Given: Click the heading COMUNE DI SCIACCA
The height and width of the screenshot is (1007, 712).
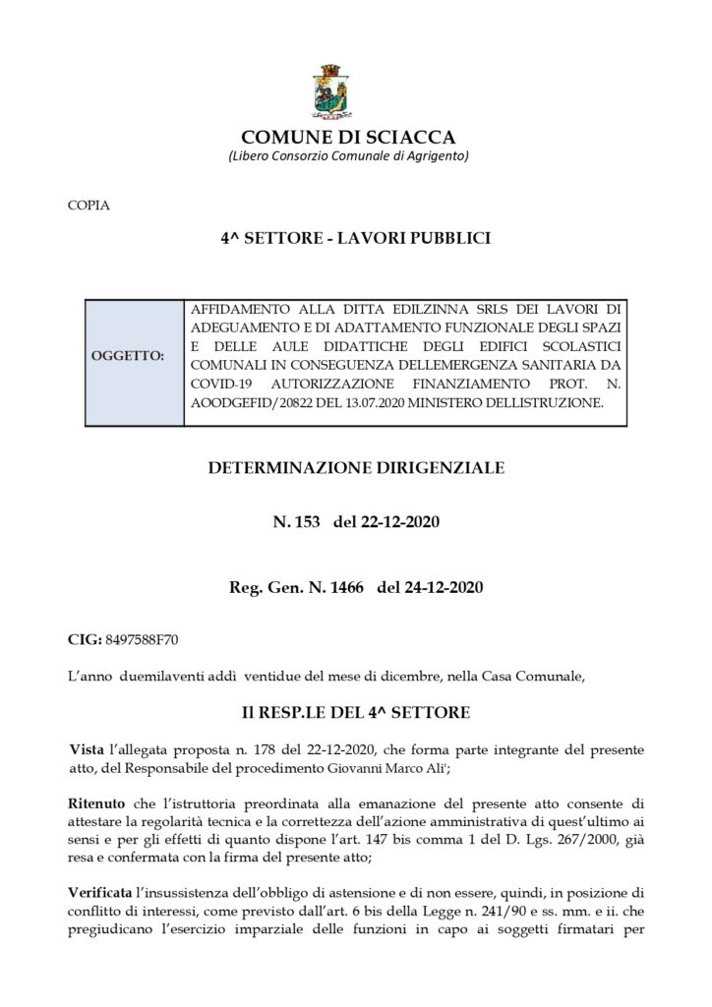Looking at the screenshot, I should pyautogui.click(x=348, y=137).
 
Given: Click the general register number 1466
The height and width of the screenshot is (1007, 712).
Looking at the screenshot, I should pyautogui.click(x=341, y=589).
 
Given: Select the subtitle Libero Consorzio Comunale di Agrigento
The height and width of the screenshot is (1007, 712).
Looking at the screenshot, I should pyautogui.click(x=348, y=157).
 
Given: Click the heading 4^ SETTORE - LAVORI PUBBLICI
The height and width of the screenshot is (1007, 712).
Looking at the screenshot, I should pyautogui.click(x=356, y=239).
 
